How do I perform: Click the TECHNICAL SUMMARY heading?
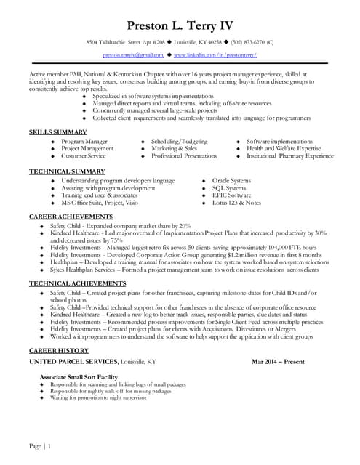pyautogui.click(x=67, y=171)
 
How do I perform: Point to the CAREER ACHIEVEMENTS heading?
pyautogui.click(x=72, y=217)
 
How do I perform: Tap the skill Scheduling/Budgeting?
pyautogui.click(x=179, y=140)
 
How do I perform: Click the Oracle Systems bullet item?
pyautogui.click(x=231, y=179)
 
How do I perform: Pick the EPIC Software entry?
pyautogui.click(x=231, y=195)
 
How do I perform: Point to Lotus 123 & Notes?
pyautogui.click(x=236, y=203)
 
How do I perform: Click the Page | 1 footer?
pyautogui.click(x=39, y=445)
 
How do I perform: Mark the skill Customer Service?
pyautogui.click(x=83, y=155)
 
